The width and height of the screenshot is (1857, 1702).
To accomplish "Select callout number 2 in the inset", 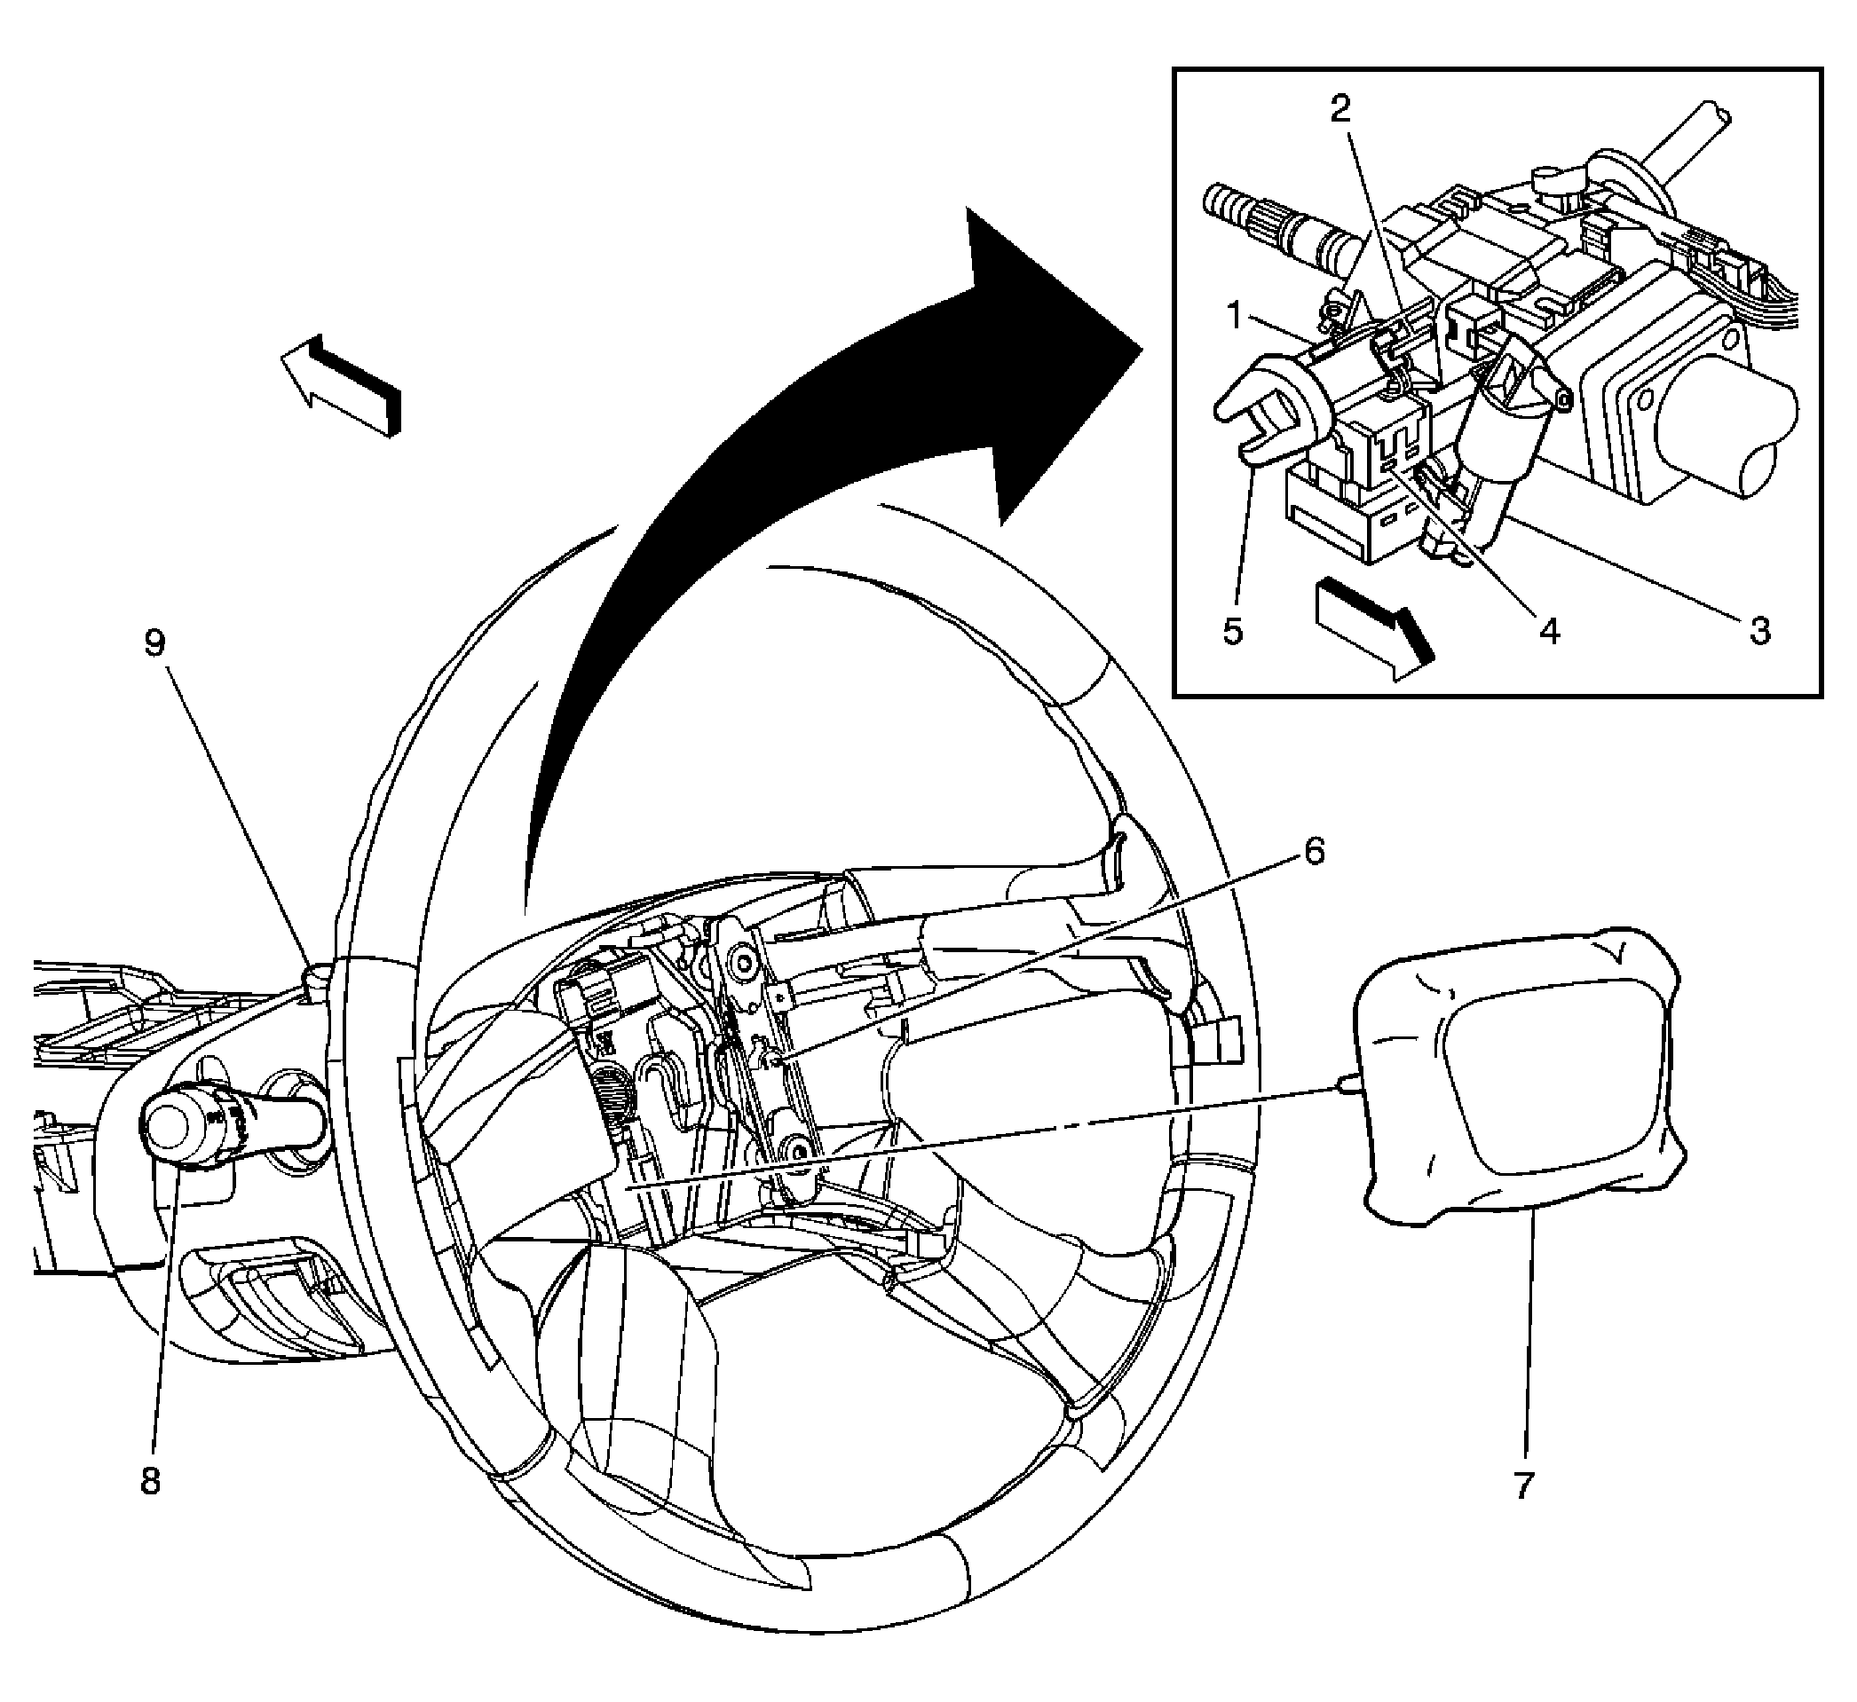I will (1340, 110).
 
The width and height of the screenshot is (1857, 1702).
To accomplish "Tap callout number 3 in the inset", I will (1758, 632).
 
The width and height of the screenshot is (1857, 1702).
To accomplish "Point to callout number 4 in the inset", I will (1549, 632).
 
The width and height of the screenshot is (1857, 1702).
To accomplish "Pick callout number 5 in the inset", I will (1233, 632).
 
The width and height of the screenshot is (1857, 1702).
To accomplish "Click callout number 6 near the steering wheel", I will (1314, 852).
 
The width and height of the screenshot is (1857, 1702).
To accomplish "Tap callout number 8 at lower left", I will (150, 1481).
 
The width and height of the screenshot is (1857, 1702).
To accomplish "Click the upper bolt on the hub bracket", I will (739, 964).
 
